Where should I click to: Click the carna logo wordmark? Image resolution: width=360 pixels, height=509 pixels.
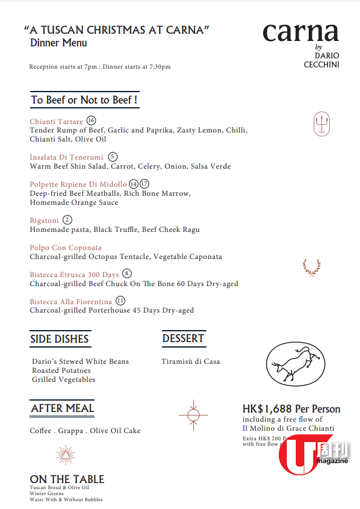click(x=300, y=33)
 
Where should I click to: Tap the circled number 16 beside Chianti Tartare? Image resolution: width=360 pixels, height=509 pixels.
click(x=91, y=120)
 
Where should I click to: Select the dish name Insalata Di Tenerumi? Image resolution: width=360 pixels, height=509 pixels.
click(x=67, y=157)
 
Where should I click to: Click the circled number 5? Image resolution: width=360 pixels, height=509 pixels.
click(x=113, y=157)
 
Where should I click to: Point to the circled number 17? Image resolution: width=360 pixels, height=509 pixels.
click(x=144, y=184)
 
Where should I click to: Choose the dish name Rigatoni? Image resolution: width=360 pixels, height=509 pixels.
click(x=44, y=220)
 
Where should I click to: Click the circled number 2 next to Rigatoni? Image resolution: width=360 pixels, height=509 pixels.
click(x=67, y=220)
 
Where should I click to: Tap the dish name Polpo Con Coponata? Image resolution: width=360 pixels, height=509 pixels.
click(x=66, y=248)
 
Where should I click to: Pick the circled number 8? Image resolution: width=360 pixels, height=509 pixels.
click(x=126, y=274)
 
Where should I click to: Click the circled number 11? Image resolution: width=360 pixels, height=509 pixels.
click(x=121, y=301)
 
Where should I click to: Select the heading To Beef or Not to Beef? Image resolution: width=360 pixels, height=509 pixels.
click(x=84, y=100)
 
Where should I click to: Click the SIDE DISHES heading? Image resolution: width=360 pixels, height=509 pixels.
click(x=60, y=339)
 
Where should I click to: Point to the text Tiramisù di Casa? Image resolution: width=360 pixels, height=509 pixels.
click(x=190, y=361)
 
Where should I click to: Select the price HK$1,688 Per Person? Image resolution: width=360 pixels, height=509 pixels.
click(x=291, y=409)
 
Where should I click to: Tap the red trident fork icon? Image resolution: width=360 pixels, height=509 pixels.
click(x=321, y=124)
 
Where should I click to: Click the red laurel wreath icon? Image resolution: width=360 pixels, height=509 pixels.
click(x=311, y=267)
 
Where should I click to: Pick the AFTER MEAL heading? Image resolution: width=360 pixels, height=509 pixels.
click(x=62, y=408)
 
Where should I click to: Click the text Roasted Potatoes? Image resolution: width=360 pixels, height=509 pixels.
click(x=61, y=370)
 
